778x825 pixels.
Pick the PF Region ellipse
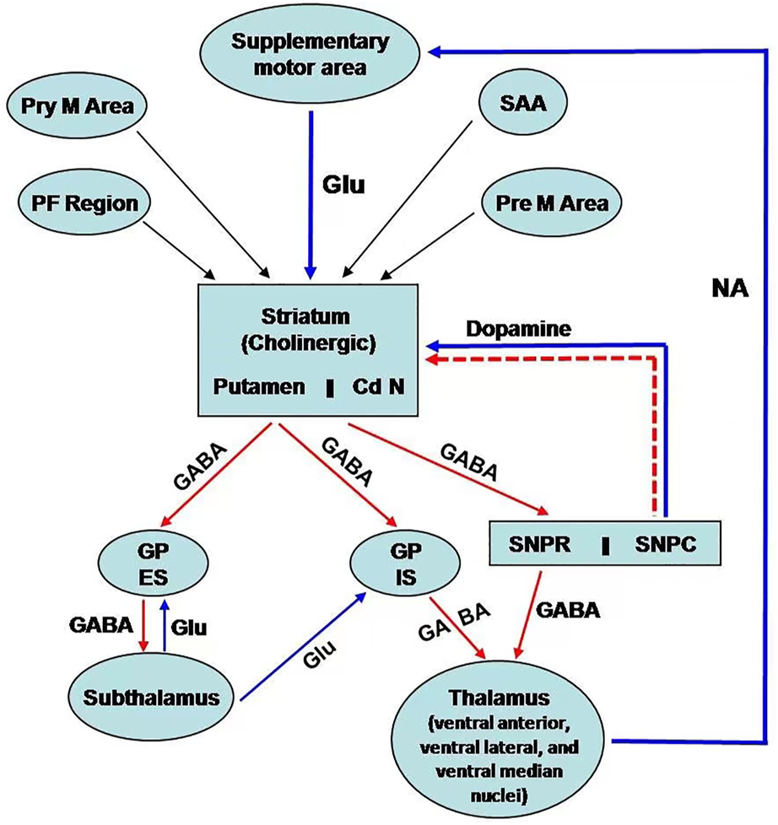83,203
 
